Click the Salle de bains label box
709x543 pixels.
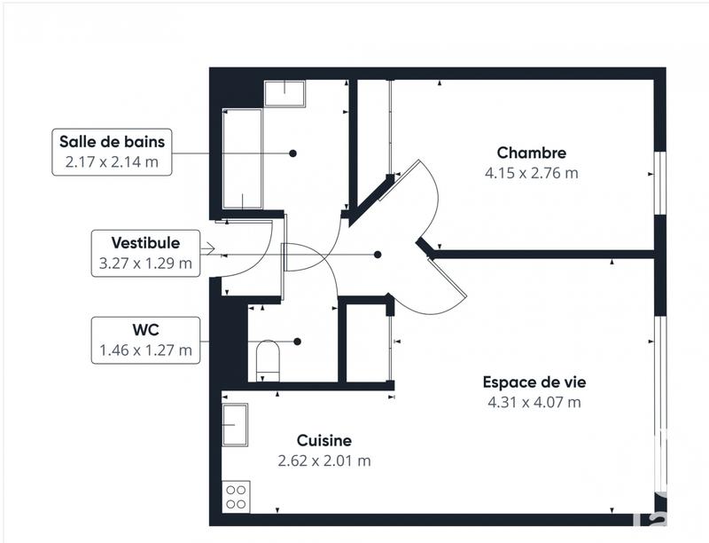(x=112, y=152)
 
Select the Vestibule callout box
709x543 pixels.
(x=146, y=253)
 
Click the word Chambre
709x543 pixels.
(x=531, y=153)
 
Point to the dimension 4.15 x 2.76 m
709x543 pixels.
(x=531, y=173)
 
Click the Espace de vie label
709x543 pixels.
(x=534, y=382)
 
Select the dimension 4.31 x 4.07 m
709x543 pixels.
(x=534, y=403)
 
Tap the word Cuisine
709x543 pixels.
(x=323, y=440)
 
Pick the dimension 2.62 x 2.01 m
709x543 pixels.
(x=323, y=460)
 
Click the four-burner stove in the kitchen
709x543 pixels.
(x=237, y=496)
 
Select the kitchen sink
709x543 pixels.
(x=235, y=426)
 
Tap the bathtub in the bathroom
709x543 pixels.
(x=243, y=158)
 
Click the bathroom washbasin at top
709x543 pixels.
(x=284, y=93)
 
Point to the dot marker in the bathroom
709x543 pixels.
(x=292, y=153)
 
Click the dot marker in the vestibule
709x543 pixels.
(x=378, y=255)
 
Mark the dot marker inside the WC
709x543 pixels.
(x=298, y=342)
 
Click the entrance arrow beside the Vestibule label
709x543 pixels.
(x=207, y=249)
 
